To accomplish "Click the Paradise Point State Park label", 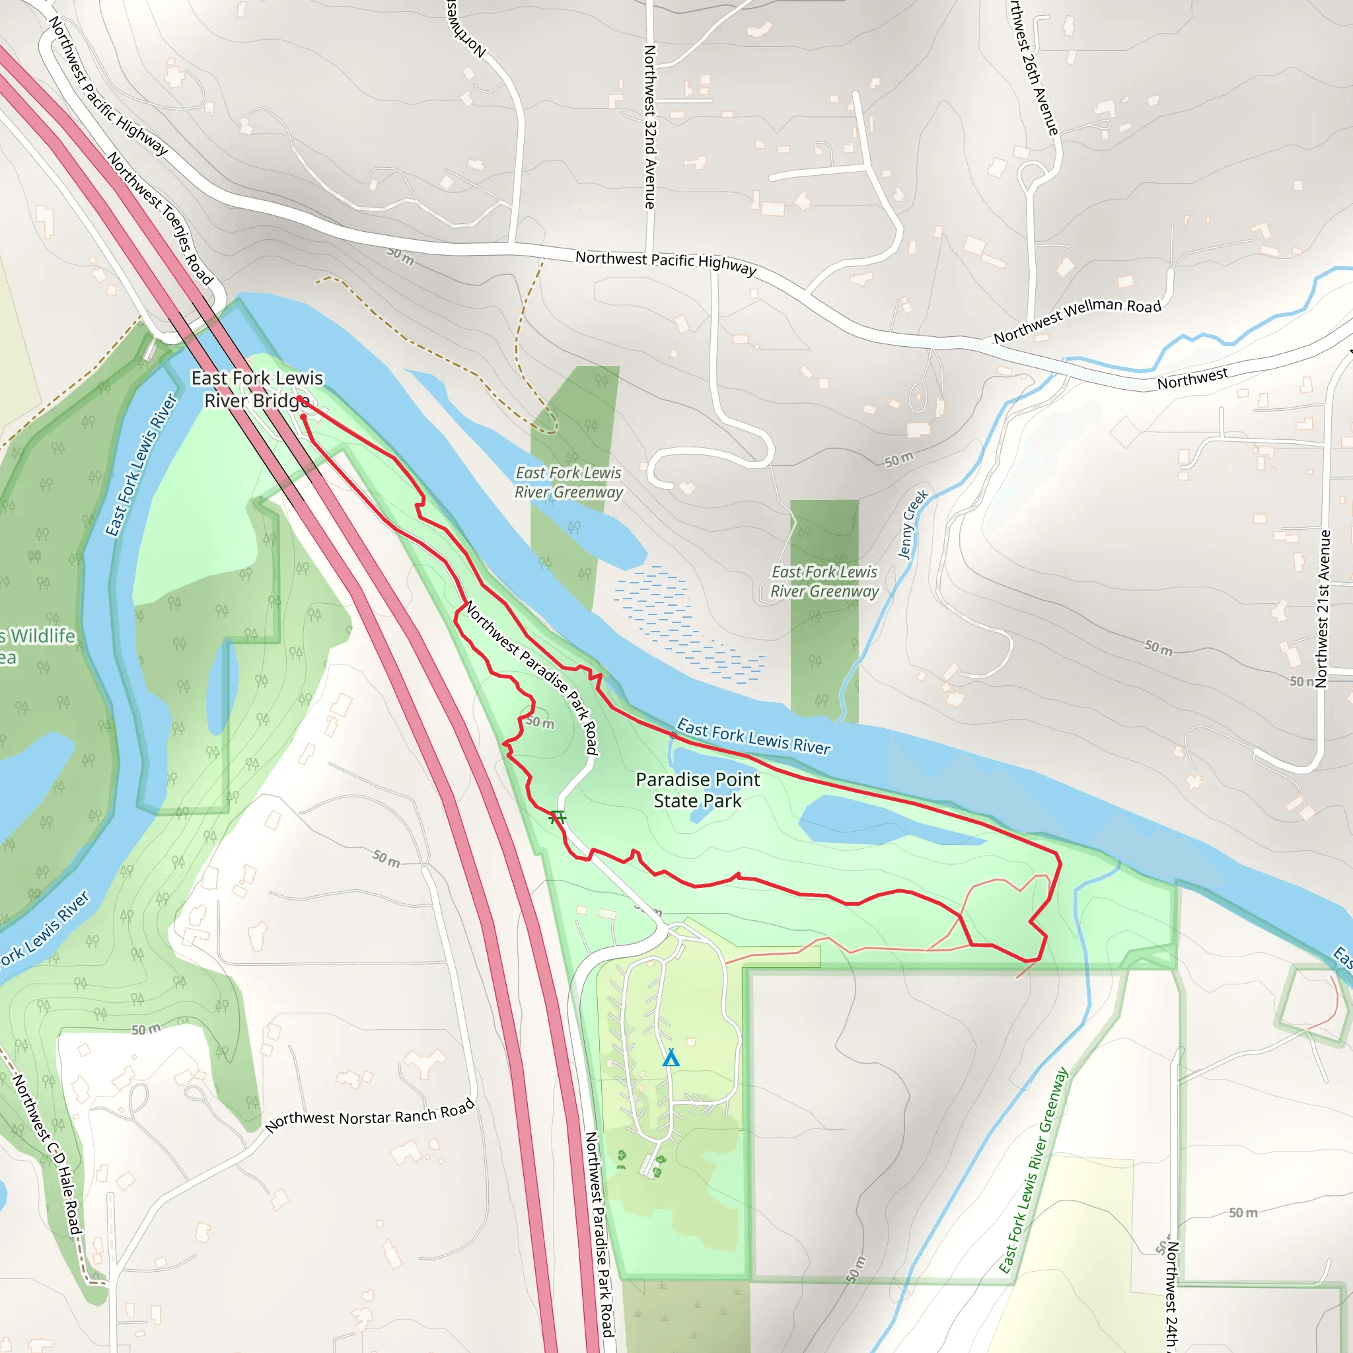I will click(x=698, y=790).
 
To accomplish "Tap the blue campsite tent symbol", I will click(x=671, y=1058).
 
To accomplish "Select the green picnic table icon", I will click(x=558, y=817).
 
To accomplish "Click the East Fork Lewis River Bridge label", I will click(x=257, y=388).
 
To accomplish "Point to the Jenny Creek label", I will click(x=912, y=524).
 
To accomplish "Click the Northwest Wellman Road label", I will click(x=1077, y=320).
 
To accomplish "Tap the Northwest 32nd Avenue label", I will click(x=650, y=127).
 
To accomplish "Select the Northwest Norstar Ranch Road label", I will click(x=370, y=1116).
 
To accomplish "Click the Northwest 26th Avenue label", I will click(x=1034, y=67).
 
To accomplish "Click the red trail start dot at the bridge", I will click(x=300, y=399).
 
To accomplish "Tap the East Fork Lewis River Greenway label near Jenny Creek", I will click(x=824, y=581).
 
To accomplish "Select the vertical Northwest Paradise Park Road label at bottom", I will click(x=599, y=1233).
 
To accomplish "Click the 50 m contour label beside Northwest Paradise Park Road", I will click(x=540, y=722).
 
